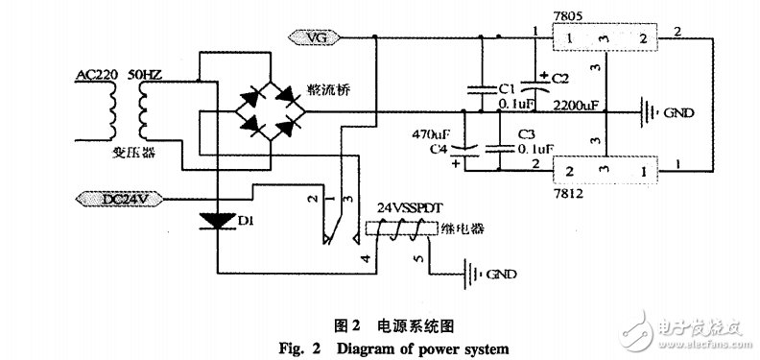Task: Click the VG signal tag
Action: coord(314,37)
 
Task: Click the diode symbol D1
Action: coord(218,223)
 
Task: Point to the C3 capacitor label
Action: coord(525,135)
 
